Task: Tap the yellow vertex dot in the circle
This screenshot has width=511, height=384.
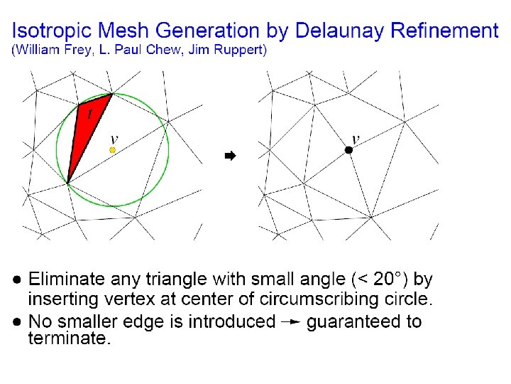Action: [112, 150]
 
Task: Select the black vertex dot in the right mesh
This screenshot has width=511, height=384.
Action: [348, 150]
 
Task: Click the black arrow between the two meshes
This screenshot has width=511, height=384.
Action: [229, 155]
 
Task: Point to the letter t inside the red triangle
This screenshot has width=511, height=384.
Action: [89, 112]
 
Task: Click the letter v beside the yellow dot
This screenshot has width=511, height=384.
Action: [115, 139]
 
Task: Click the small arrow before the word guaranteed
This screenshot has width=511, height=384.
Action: [290, 321]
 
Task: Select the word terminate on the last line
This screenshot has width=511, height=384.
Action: [67, 339]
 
